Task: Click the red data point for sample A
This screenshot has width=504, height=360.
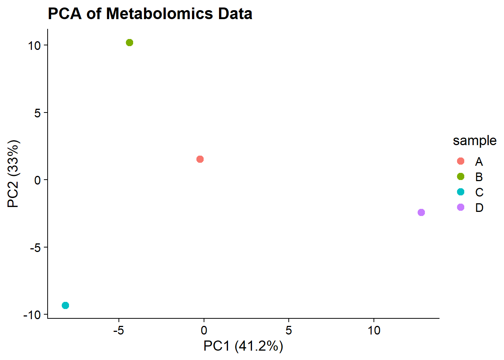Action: point(200,159)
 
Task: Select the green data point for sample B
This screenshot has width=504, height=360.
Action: point(129,43)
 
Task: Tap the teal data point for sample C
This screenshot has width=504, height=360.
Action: point(65,306)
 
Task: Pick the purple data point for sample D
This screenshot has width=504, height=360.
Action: point(421,213)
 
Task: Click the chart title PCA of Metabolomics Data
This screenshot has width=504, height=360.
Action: point(150,14)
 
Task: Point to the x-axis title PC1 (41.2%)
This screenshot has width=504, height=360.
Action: point(243,346)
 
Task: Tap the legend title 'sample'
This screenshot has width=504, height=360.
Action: point(474,141)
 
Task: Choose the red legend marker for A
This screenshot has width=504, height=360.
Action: point(461,161)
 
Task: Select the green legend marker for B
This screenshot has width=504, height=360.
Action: point(461,177)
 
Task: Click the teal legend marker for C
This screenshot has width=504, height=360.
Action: point(461,192)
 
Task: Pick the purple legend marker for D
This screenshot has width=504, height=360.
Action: point(461,207)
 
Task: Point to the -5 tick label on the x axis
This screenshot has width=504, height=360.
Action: point(118,331)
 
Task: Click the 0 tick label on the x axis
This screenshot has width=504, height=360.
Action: point(204,331)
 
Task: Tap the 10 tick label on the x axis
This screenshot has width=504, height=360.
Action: point(374,331)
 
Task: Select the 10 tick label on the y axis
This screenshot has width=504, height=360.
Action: point(34,46)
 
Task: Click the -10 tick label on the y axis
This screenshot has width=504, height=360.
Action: point(32,315)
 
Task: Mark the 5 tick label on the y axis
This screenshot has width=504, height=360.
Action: point(37,113)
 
